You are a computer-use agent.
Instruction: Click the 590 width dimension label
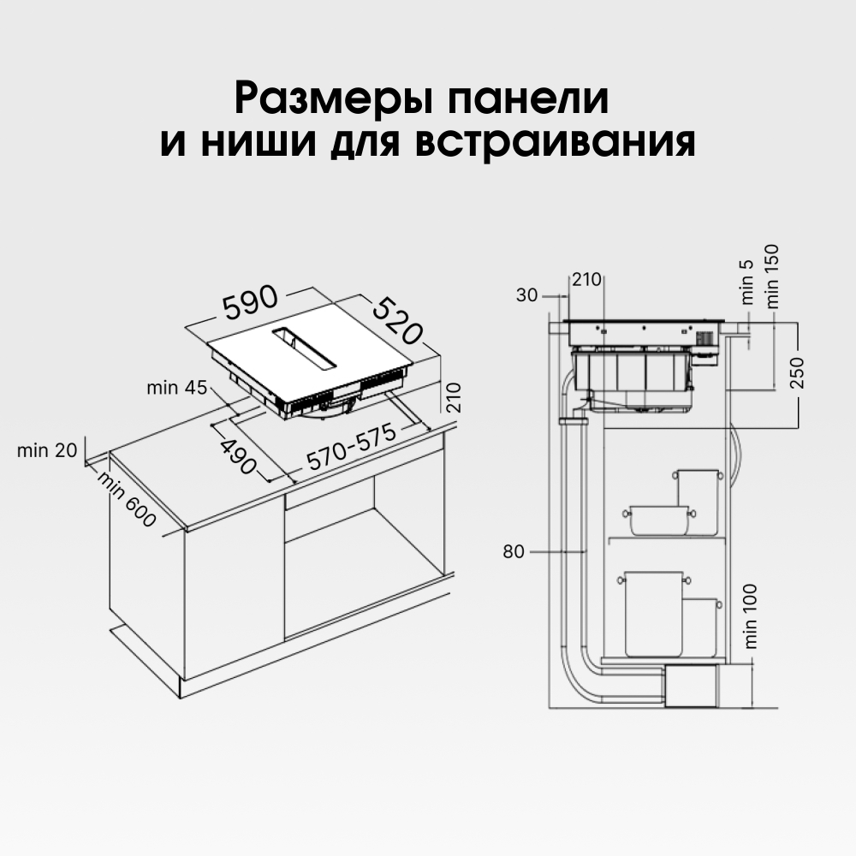pyautogui.click(x=251, y=301)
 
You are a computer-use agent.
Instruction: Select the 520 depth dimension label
pyautogui.click(x=399, y=321)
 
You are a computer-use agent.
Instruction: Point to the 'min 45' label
pyautogui.click(x=176, y=388)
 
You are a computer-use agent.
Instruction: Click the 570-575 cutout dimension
pyautogui.click(x=352, y=448)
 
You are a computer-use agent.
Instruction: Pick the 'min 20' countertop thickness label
pyautogui.click(x=47, y=450)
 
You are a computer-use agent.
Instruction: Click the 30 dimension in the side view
pyautogui.click(x=527, y=295)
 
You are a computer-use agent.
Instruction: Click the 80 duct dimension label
pyautogui.click(x=513, y=552)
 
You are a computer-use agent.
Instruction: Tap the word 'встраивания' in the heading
pyautogui.click(x=554, y=141)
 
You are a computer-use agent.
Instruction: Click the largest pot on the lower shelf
pyautogui.click(x=653, y=613)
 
